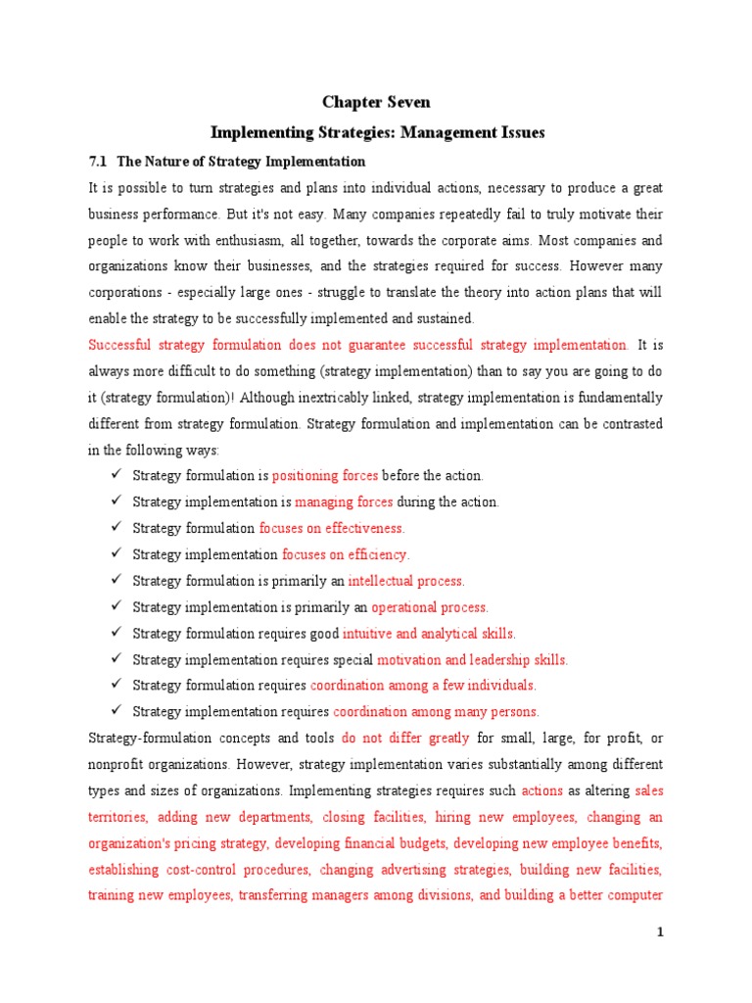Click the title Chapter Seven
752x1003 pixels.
[x=376, y=102]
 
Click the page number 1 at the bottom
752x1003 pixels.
[x=660, y=932]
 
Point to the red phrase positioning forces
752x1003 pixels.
[x=325, y=476]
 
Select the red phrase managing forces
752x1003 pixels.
[x=344, y=501]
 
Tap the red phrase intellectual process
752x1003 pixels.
[x=406, y=581]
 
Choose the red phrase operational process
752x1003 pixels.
[x=429, y=607]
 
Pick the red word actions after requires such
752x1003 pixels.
[x=542, y=790]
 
